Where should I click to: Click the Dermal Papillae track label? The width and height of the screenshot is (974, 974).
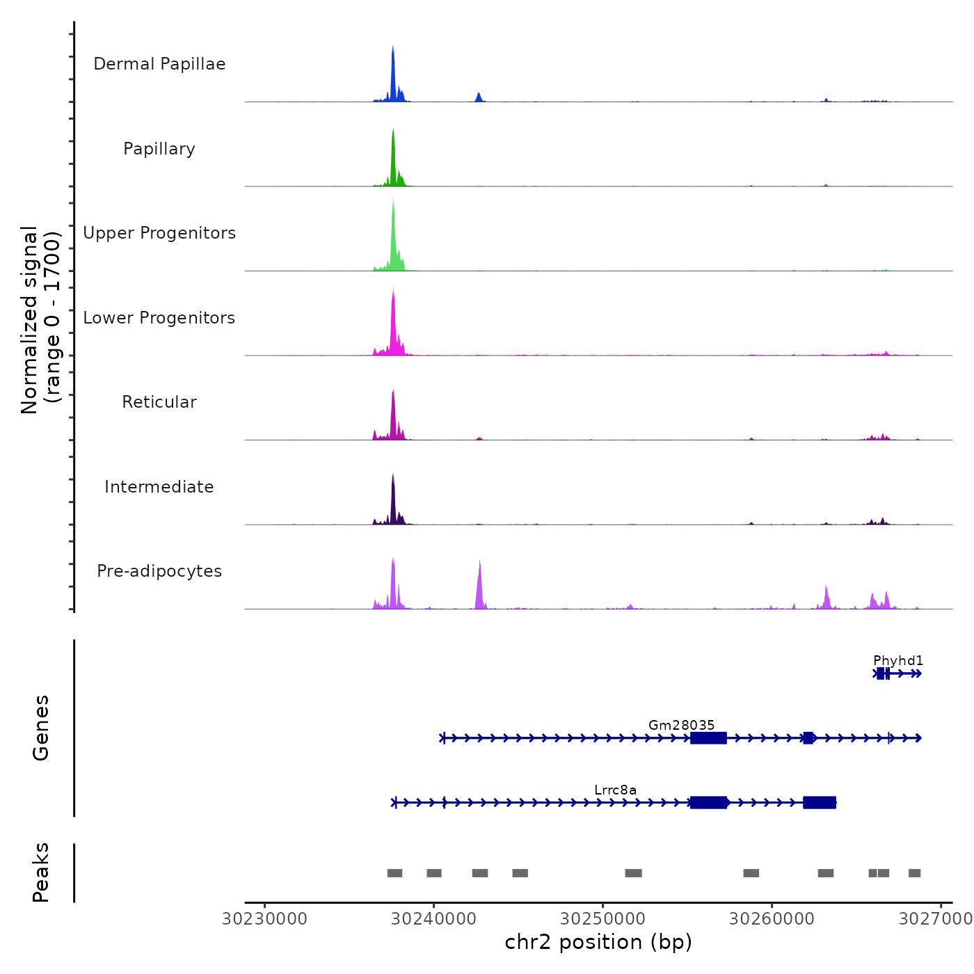(x=159, y=64)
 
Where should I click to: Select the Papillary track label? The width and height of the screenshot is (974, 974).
(x=159, y=149)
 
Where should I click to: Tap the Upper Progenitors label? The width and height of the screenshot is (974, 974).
(x=159, y=233)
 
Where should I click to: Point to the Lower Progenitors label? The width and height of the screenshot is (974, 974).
(x=159, y=318)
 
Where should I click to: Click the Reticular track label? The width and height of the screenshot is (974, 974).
(x=159, y=402)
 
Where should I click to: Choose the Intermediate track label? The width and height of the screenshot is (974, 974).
(x=159, y=487)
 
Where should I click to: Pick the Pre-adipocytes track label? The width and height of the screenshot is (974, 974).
(x=159, y=571)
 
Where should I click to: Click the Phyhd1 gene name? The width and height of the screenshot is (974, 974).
(x=898, y=660)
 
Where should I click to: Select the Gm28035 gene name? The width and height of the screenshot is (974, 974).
(x=681, y=725)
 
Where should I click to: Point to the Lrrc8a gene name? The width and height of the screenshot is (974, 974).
(x=615, y=790)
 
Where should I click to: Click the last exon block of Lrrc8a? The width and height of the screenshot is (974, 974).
(x=820, y=803)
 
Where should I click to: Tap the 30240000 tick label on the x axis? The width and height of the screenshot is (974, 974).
(x=433, y=919)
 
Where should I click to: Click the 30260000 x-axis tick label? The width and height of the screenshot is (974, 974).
(x=772, y=919)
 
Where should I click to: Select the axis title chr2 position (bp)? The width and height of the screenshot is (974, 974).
(x=598, y=942)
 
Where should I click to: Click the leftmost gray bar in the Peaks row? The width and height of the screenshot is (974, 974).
(x=394, y=873)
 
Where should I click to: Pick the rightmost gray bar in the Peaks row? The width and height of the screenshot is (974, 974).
(x=914, y=873)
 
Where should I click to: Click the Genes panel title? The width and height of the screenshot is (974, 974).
(x=41, y=728)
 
